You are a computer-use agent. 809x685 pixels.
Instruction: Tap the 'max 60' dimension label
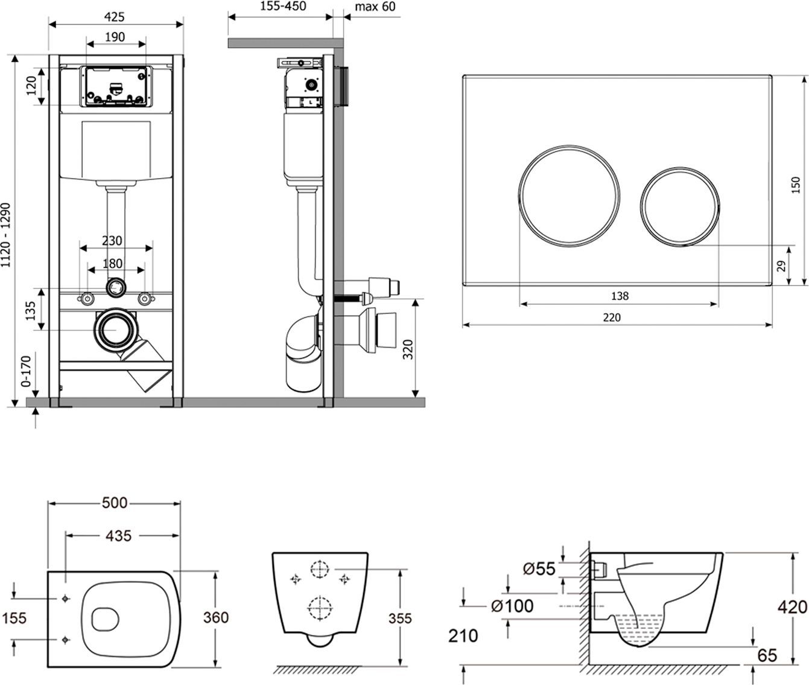(x=375, y=7)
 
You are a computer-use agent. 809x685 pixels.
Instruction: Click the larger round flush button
(x=568, y=196)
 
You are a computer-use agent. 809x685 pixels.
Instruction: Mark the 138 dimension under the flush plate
(x=619, y=296)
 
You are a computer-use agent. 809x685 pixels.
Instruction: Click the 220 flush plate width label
(x=611, y=317)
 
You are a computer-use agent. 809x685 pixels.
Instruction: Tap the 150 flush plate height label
(x=796, y=184)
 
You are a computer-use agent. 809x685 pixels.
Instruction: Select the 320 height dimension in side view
(x=408, y=348)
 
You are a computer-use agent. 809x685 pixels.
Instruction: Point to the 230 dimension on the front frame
(x=112, y=240)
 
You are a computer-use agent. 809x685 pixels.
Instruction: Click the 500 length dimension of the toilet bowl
(x=115, y=502)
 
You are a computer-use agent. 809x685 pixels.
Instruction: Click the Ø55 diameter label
(x=539, y=569)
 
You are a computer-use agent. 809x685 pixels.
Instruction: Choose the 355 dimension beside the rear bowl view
(x=400, y=618)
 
